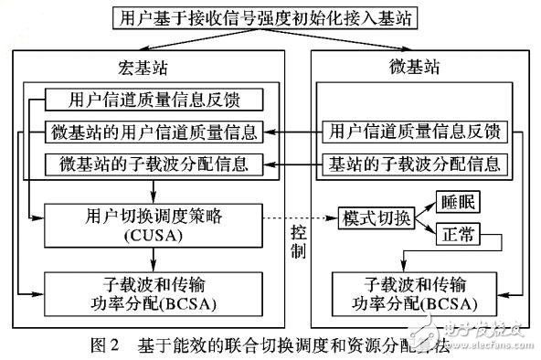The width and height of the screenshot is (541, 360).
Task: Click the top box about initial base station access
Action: (x=271, y=17)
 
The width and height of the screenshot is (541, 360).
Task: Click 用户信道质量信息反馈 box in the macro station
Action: (x=154, y=99)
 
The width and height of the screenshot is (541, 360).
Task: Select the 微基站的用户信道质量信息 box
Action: (x=154, y=132)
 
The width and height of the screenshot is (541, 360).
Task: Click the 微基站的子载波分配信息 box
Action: (x=154, y=165)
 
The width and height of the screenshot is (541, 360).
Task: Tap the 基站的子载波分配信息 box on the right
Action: (x=415, y=165)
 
